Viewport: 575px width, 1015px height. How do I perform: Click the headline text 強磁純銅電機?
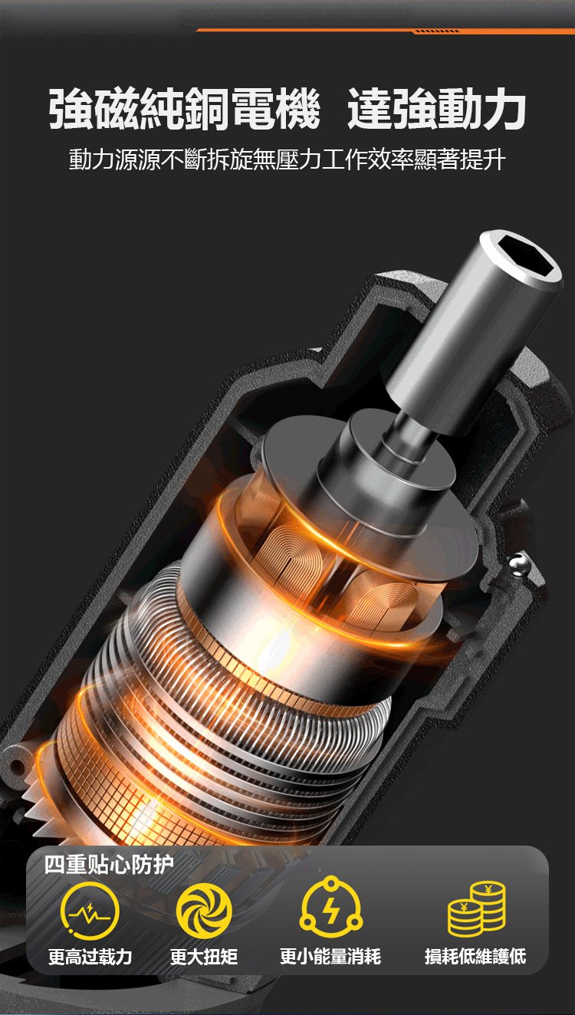pos(185,109)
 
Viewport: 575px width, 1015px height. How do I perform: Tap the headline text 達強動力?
pos(437,109)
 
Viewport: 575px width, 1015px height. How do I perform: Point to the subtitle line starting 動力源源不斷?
pos(287,159)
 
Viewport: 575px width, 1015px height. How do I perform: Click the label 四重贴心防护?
pos(109,865)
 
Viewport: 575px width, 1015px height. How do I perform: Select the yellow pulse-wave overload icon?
pos(90,912)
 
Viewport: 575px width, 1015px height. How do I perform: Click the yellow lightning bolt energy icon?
pos(331,908)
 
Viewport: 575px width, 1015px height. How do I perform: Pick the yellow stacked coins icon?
pos(476,909)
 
